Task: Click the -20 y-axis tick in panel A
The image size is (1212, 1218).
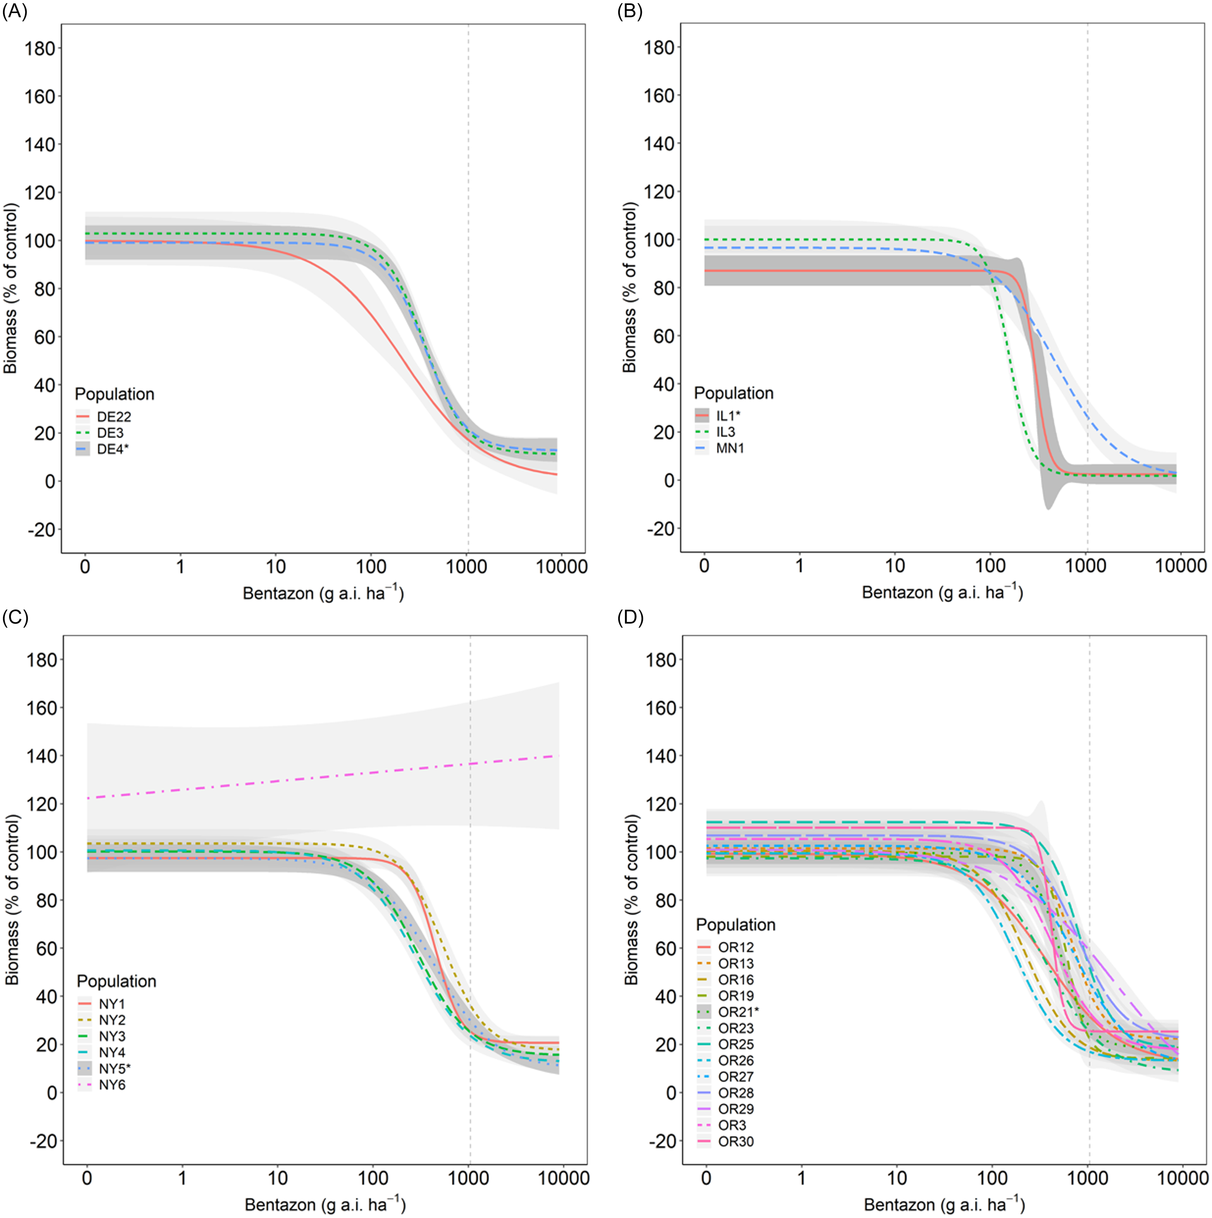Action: click(x=40, y=529)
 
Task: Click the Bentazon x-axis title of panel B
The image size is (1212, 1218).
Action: click(x=942, y=593)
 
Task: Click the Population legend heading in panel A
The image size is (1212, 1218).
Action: click(x=114, y=394)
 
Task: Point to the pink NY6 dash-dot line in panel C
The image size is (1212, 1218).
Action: click(x=315, y=777)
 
